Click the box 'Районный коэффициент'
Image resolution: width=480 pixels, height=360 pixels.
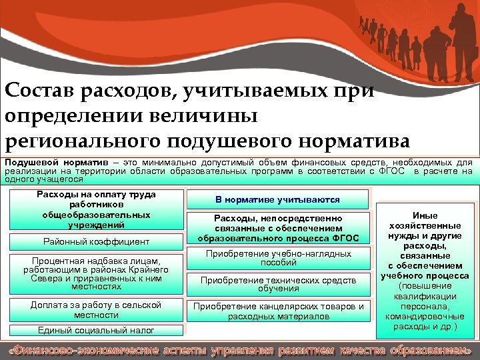pos(95,241)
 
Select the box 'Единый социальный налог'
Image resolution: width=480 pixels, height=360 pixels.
pos(95,330)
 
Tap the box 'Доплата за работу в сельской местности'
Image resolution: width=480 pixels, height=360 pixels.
pos(95,310)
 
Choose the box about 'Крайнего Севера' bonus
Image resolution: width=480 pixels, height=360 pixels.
pos(95,273)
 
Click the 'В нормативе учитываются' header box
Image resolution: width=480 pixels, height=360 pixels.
pos(277,199)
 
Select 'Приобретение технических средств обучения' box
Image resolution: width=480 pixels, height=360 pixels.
pos(277,285)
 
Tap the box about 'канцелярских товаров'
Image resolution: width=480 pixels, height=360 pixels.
pos(277,311)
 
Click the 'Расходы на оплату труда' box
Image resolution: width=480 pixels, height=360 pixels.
pos(95,209)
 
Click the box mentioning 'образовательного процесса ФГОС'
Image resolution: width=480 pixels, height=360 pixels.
pos(277,229)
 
